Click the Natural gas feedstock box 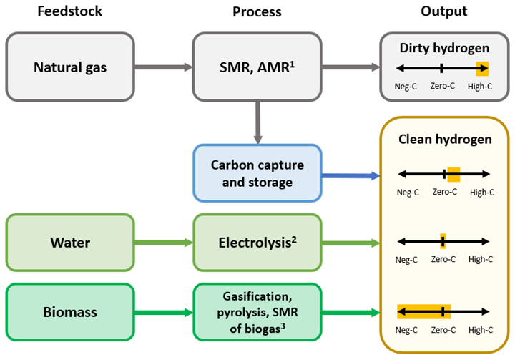click(x=70, y=67)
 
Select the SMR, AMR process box click(x=257, y=67)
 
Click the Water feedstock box click(x=70, y=243)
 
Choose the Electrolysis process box click(x=257, y=243)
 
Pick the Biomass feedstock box click(x=70, y=312)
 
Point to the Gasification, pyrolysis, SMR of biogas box click(x=257, y=312)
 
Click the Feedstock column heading click(x=70, y=11)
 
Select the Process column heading click(x=257, y=11)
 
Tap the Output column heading click(x=443, y=11)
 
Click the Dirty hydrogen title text click(x=443, y=49)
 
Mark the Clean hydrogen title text click(x=444, y=139)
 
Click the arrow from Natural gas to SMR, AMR click(x=163, y=67)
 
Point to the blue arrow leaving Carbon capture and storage click(x=350, y=175)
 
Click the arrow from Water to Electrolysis click(x=163, y=243)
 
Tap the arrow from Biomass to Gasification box click(x=163, y=312)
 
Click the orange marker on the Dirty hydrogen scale click(x=483, y=68)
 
